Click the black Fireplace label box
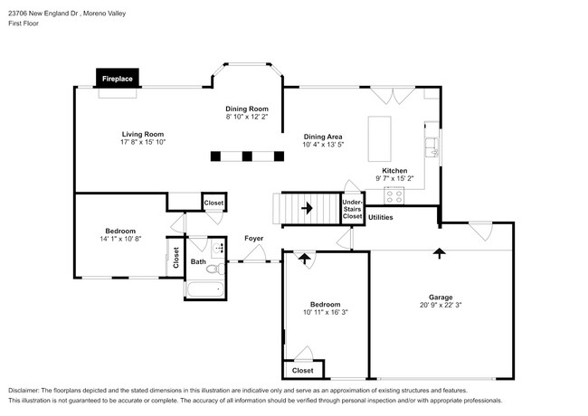[118, 78]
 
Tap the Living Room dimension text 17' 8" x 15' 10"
[143, 142]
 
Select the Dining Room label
[247, 109]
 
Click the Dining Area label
[323, 137]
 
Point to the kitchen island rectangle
[380, 138]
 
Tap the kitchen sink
[432, 147]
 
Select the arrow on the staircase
[308, 208]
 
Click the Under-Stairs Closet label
[352, 209]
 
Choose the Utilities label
[380, 217]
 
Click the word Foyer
[254, 239]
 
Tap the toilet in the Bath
[215, 269]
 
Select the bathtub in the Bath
[205, 289]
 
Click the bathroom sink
[218, 248]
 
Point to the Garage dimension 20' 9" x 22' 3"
[441, 305]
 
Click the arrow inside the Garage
[440, 253]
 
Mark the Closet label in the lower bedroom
[303, 370]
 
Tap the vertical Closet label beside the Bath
[175, 258]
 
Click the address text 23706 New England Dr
[43, 14]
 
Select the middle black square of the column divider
[247, 156]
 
